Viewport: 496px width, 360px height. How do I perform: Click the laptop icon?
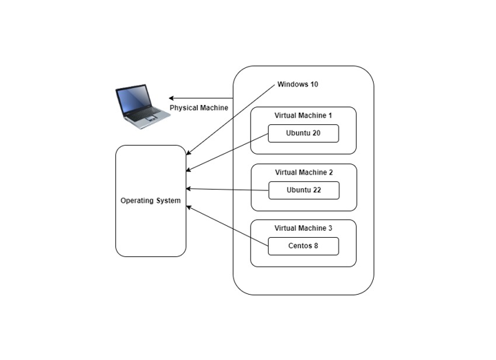142,106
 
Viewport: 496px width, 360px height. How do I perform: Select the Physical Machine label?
199,108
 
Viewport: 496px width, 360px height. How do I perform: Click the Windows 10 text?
297,85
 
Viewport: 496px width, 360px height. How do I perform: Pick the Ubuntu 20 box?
303,133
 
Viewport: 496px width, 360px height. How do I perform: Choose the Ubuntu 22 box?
303,190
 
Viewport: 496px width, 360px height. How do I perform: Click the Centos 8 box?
303,246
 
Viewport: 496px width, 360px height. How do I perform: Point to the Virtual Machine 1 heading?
303,115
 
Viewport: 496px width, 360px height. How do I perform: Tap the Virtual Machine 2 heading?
303,172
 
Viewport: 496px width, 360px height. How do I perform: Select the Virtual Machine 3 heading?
303,227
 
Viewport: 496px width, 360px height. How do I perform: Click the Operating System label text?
150,201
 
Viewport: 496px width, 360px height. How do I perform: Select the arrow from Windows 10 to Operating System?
230,120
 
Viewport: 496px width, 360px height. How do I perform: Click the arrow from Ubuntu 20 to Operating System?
227,152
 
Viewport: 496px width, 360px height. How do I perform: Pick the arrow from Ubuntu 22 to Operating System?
227,189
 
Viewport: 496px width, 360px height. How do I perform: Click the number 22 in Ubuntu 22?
317,190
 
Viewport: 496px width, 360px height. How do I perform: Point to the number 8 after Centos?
316,246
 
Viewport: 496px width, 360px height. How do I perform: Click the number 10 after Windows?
313,85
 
